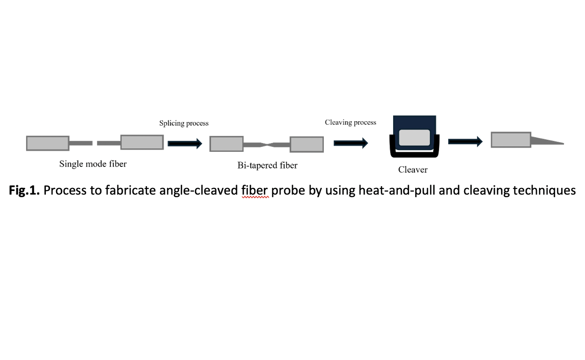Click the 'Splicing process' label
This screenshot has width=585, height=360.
click(x=184, y=124)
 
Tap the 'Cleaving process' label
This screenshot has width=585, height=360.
click(x=350, y=123)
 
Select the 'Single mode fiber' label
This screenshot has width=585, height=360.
click(x=93, y=164)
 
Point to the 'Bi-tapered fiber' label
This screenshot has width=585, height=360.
click(x=267, y=165)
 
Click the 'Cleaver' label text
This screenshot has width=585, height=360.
click(x=412, y=170)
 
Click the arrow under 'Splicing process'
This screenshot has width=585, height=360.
click(x=185, y=143)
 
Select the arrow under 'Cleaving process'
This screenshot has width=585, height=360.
click(x=351, y=143)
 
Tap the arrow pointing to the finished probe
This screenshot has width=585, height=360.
click(x=465, y=142)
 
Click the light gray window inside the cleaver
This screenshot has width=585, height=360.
click(x=414, y=138)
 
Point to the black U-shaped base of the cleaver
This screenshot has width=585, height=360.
click(x=414, y=154)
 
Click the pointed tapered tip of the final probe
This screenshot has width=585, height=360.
click(x=564, y=143)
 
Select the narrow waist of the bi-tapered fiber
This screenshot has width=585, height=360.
click(x=266, y=144)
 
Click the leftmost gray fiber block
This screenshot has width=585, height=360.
click(x=48, y=143)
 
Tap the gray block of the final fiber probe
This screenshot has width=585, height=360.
click(x=511, y=140)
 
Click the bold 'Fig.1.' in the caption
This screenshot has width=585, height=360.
click(x=24, y=191)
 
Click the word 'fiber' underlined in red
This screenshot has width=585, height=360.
click(x=255, y=190)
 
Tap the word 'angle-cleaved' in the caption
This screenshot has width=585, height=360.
click(x=199, y=191)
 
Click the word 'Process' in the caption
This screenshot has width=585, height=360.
click(x=65, y=190)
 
